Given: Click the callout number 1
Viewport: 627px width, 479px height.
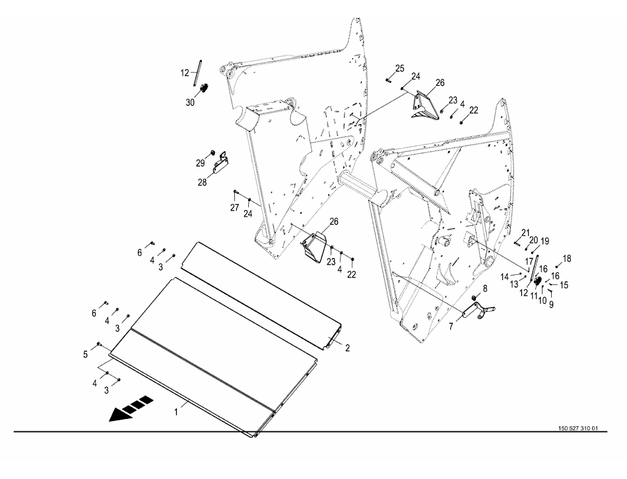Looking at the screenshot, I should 176,411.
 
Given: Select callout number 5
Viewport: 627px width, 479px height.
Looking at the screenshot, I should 85,355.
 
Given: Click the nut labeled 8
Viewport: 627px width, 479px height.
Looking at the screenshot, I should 477,299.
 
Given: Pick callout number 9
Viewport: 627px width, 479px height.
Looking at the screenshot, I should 551,305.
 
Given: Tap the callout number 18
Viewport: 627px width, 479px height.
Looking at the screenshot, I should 567,258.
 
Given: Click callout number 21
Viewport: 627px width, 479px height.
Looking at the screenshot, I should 525,232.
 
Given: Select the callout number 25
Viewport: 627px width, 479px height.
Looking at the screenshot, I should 400,69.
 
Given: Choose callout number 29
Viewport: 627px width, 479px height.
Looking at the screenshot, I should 200,162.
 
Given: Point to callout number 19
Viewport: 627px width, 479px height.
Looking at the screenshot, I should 545,240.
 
